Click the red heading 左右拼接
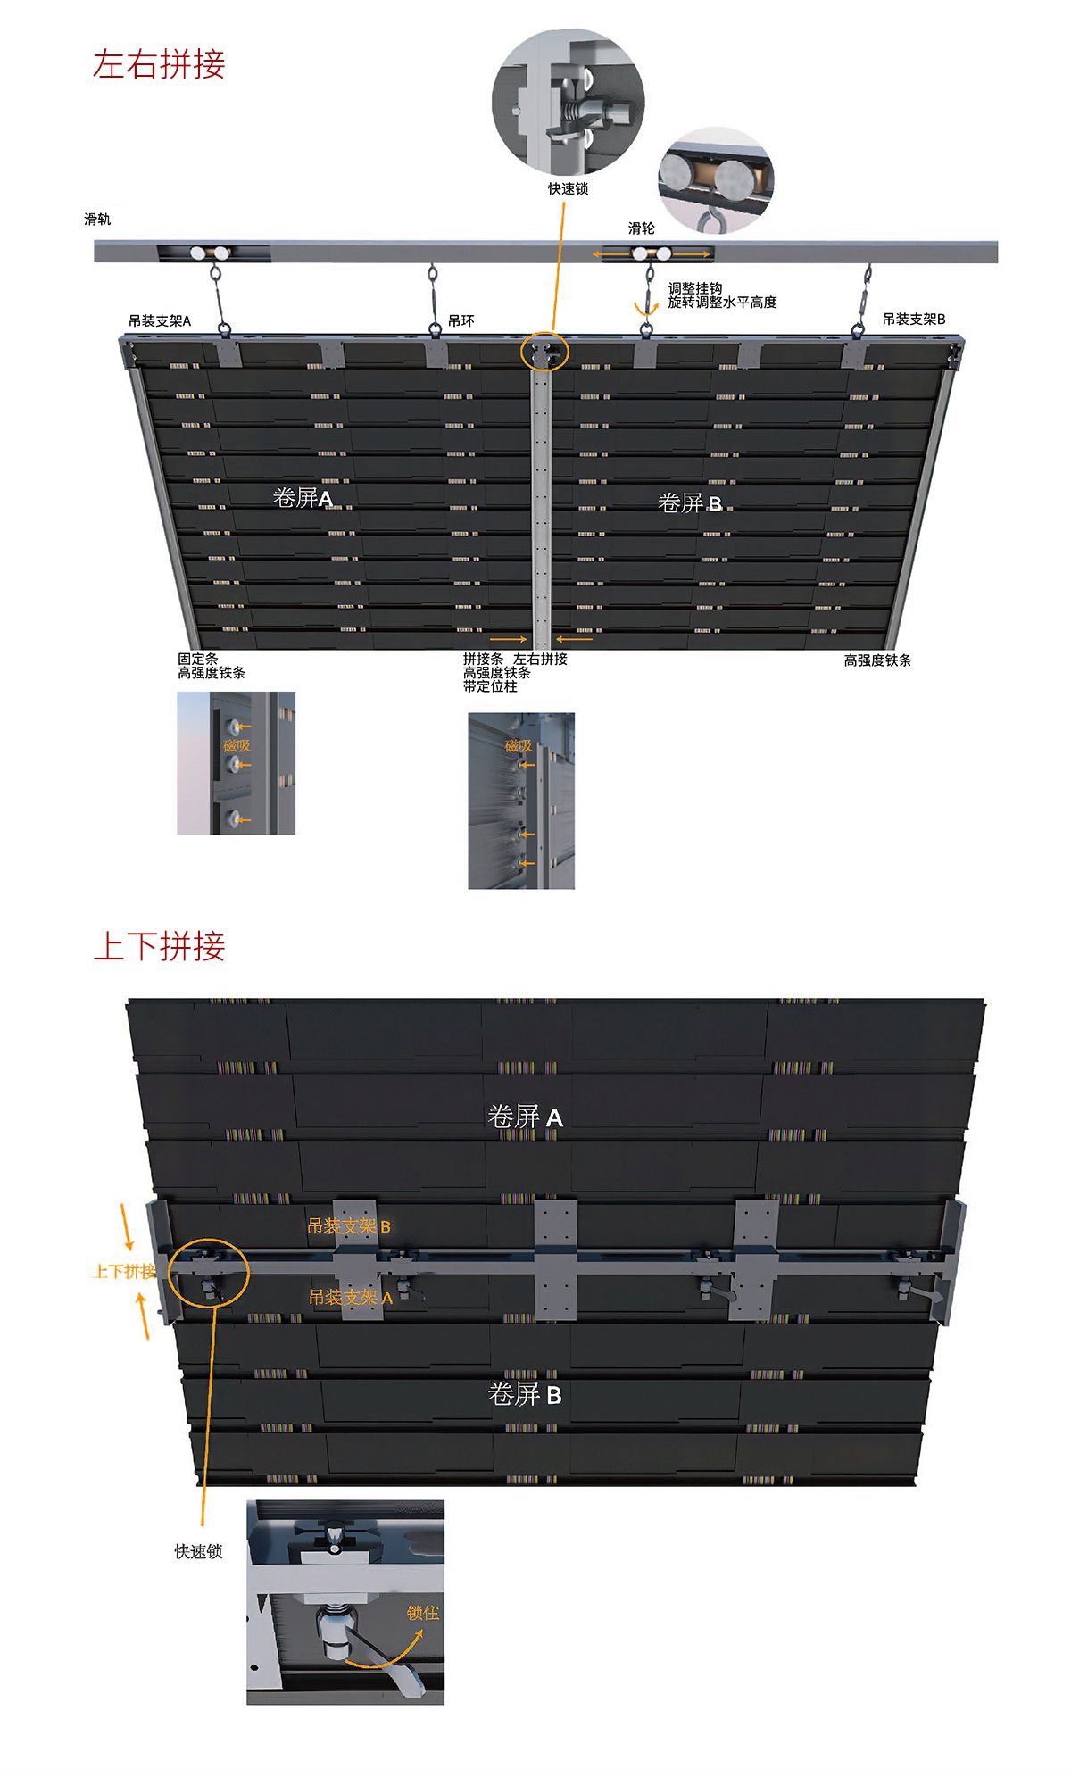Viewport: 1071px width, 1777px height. [159, 65]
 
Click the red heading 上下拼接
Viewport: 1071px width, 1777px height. [159, 946]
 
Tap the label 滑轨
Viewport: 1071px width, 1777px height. [97, 220]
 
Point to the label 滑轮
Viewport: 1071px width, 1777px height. [641, 228]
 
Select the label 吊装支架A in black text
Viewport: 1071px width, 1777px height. [160, 320]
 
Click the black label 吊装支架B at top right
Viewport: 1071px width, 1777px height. [914, 319]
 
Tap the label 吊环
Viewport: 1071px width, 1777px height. [461, 321]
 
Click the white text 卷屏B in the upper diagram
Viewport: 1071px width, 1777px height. [689, 503]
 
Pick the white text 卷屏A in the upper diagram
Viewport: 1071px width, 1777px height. [303, 498]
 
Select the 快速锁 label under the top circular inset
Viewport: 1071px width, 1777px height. [568, 189]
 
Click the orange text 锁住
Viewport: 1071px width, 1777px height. [422, 1613]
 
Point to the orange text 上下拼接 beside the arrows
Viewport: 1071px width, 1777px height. [124, 1271]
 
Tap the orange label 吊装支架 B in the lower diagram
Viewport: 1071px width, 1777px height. [348, 1226]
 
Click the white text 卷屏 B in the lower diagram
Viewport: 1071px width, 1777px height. [525, 1394]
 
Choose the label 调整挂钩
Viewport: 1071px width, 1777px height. [694, 288]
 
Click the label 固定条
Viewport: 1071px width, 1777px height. [197, 659]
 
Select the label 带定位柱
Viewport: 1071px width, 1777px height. [490, 686]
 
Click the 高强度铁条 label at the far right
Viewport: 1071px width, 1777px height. [877, 660]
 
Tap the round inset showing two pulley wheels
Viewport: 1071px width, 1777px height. [716, 179]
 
